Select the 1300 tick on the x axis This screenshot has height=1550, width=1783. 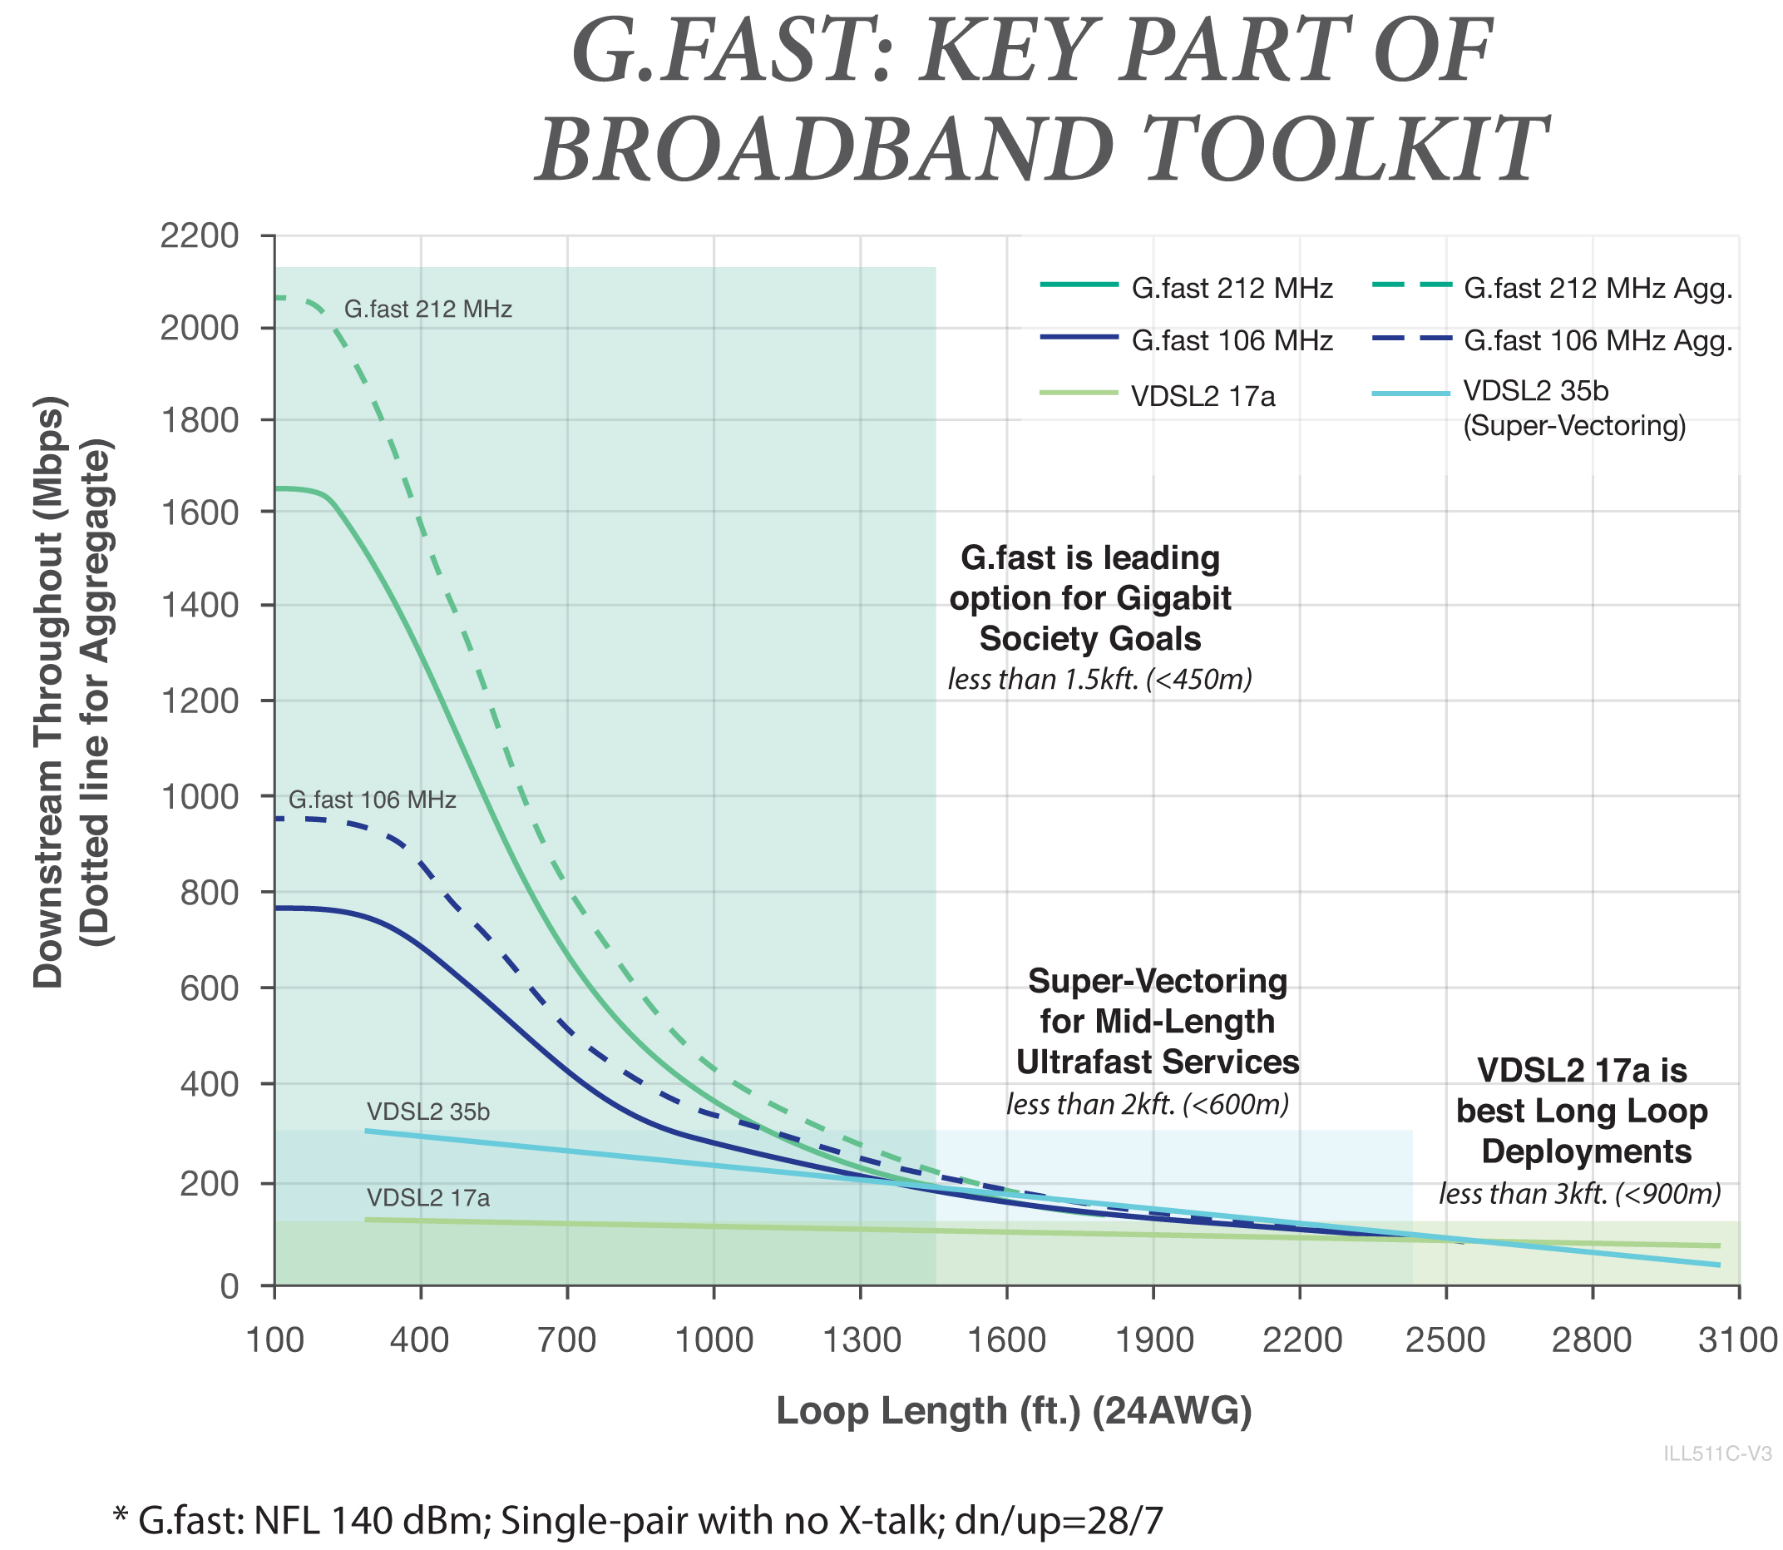click(x=860, y=1341)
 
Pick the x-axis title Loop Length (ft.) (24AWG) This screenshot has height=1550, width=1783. click(x=1014, y=1411)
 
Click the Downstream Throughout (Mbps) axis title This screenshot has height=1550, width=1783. click(x=48, y=692)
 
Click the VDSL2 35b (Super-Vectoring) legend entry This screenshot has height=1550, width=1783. click(x=1573, y=409)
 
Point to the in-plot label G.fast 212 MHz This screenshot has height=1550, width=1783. click(x=428, y=309)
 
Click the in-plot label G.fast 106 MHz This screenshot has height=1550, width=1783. click(x=372, y=800)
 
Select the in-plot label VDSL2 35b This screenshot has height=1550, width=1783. click(x=428, y=1112)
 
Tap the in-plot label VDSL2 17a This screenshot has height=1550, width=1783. click(x=428, y=1198)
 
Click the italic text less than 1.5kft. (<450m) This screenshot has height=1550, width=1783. click(x=1100, y=680)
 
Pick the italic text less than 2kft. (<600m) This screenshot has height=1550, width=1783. click(x=1148, y=1105)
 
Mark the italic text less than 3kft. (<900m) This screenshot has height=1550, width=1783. click(x=1580, y=1194)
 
